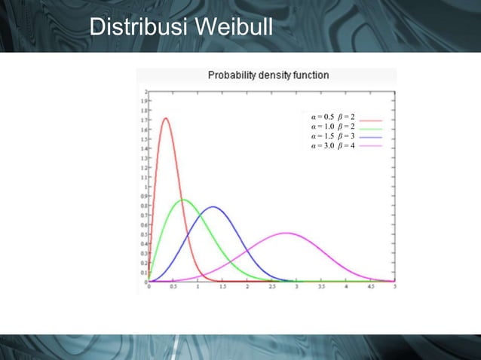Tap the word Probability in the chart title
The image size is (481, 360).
[237, 75]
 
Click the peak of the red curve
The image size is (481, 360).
[165, 117]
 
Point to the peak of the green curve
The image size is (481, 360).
[183, 200]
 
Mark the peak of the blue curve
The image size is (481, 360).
[214, 207]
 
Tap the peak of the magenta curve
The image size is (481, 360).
[286, 233]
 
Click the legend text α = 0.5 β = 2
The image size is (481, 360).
[333, 118]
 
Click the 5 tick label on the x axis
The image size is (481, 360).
[395, 287]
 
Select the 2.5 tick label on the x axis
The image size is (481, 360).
[272, 287]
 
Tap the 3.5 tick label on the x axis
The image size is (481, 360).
[321, 287]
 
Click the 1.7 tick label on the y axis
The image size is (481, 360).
[143, 119]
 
